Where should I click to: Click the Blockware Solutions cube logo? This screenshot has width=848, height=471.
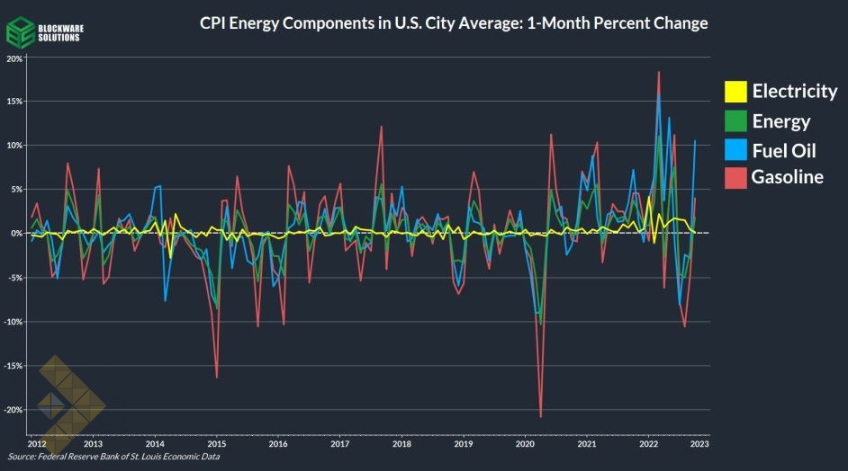20,33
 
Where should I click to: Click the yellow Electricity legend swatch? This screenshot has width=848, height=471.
735,91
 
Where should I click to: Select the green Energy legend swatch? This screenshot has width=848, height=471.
735,120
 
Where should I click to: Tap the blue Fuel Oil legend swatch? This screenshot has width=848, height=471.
735,149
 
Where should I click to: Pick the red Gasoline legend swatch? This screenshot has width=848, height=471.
735,177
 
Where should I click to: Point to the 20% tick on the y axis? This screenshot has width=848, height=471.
14,58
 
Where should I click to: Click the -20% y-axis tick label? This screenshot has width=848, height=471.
13,410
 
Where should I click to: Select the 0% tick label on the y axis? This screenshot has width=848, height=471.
17,234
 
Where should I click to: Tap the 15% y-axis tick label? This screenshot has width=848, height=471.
14,102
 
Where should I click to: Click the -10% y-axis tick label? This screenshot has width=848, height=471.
13,322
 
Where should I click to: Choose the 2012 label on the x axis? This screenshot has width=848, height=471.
37,444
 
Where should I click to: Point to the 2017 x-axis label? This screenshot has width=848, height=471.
339,444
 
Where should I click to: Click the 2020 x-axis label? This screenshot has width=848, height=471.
526,444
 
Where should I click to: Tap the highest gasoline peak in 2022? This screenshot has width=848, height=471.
659,72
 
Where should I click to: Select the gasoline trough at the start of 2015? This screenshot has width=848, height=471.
217,378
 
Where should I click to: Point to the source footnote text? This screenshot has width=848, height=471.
113,458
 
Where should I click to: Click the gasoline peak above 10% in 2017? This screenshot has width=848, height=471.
382,126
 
